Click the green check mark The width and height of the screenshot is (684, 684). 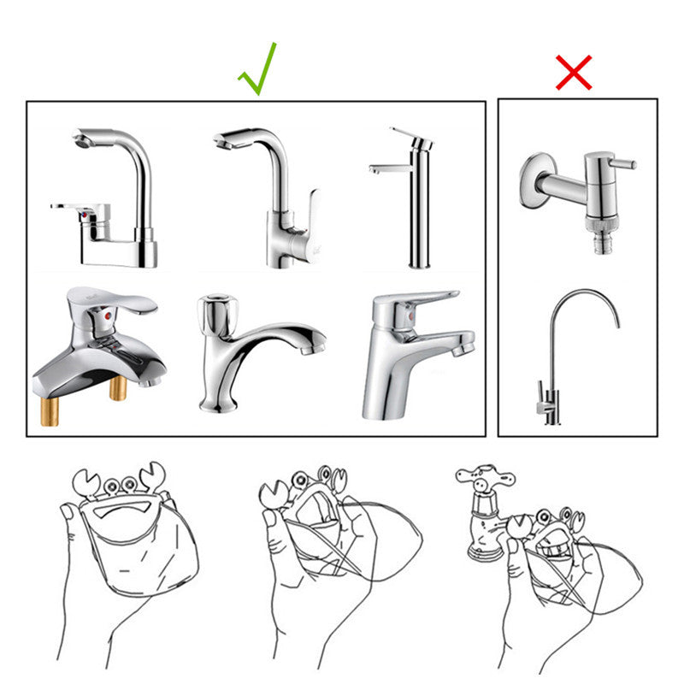[258, 68]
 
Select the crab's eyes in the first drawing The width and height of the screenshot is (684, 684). [120, 487]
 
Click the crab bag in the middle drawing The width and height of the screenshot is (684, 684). [316, 530]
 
